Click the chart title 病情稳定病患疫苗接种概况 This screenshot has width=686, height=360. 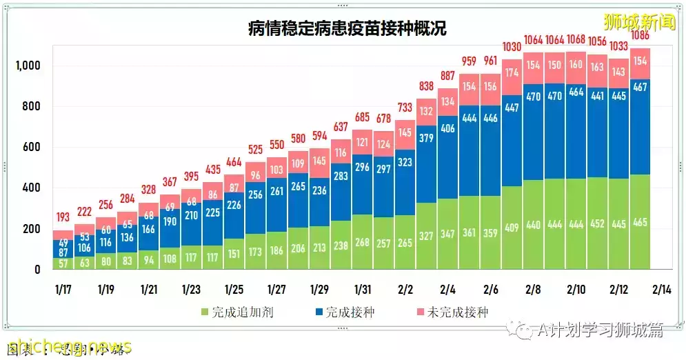347,28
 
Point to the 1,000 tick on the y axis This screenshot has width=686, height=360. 28,66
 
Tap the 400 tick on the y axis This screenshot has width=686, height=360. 31,188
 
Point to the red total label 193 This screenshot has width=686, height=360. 63,218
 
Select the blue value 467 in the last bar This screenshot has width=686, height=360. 639,87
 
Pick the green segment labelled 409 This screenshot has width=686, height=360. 511,226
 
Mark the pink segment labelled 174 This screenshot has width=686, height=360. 511,72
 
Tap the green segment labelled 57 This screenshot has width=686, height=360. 63,263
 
